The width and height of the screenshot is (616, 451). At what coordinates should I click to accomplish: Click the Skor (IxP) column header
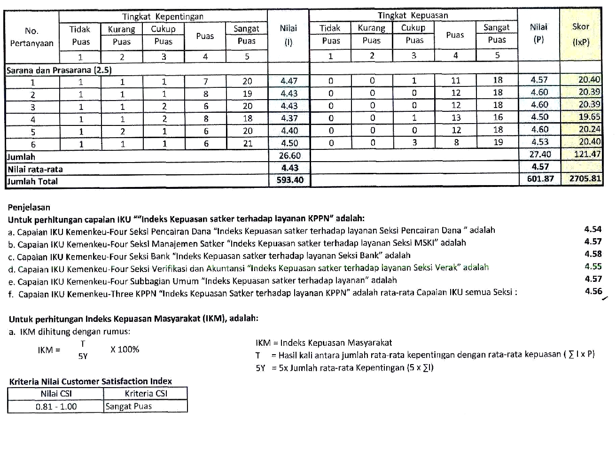coord(581,34)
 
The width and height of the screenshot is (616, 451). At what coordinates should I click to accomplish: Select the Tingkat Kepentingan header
coord(163,16)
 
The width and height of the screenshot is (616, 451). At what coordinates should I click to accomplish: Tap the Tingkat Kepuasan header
coord(413,15)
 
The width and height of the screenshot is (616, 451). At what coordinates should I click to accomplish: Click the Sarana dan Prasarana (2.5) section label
coord(59,70)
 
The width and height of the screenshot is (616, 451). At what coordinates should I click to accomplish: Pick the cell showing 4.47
coord(289,81)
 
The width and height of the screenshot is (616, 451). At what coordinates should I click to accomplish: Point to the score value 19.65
coord(589,117)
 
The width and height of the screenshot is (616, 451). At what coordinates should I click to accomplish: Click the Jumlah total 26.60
coord(289,156)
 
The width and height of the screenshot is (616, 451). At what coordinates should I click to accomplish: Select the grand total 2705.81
coord(585,179)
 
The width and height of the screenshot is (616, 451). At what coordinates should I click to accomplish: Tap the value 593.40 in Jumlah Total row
coord(290,180)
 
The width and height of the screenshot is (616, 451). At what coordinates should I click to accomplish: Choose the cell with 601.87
coord(540,179)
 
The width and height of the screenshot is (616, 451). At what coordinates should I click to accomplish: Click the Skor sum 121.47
coord(587,154)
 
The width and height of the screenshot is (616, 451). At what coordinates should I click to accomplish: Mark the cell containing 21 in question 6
coord(248,143)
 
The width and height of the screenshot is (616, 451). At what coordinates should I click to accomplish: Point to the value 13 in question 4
coord(455,117)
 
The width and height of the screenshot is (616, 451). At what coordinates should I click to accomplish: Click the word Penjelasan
coord(29,207)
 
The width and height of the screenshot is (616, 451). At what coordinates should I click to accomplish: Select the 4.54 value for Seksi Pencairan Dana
coord(593,229)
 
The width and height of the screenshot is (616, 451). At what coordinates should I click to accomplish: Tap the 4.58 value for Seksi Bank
coord(593,254)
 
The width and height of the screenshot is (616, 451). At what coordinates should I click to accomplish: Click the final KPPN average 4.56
coord(593,291)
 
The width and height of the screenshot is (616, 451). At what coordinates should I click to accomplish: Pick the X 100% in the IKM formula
coord(125,350)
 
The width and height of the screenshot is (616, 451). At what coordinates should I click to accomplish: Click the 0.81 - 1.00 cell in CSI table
coord(56,406)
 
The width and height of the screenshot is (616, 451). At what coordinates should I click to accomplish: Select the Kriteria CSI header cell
coord(146,394)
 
